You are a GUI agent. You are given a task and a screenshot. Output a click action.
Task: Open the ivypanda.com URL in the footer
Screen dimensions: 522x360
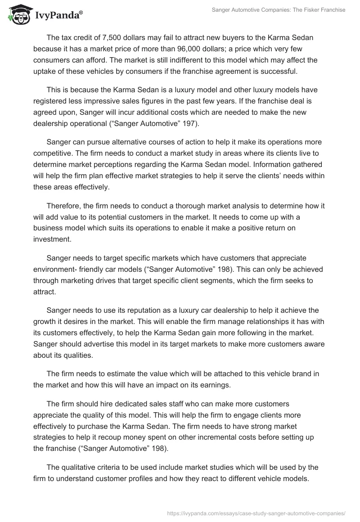pyautogui.click(x=256, y=513)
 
